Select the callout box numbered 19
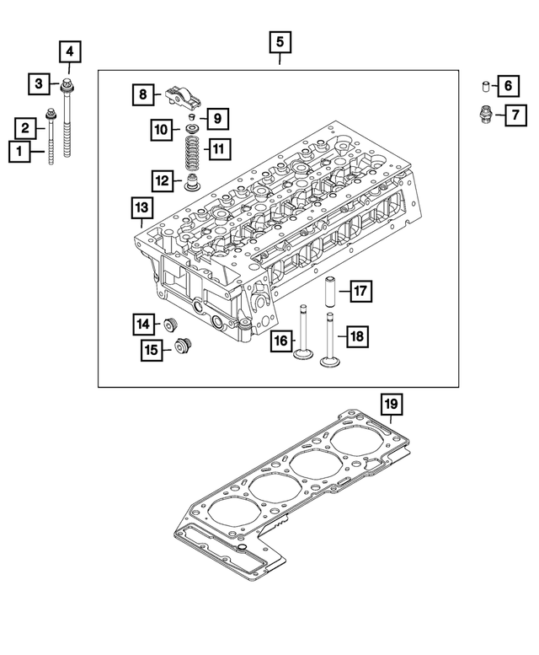391,405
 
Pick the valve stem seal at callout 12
192,183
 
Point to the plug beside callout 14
173,324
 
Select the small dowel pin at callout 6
486,86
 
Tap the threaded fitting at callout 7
485,114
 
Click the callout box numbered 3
39,83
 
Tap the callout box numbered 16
281,341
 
